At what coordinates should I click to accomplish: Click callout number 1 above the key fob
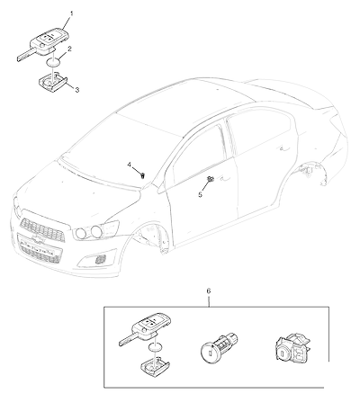pos(72,13)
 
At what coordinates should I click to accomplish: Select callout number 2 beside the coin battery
pos(69,49)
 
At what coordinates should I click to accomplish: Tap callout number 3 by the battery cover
pos(77,90)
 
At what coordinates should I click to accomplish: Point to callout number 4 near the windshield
pos(130,165)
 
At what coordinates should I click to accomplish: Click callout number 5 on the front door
pos(200,194)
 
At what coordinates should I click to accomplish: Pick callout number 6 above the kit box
pos(209,290)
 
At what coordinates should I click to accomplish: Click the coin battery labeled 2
pos(53,63)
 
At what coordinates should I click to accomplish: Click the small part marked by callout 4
pos(143,175)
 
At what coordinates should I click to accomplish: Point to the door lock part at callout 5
pos(210,179)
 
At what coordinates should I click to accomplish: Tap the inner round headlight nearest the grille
pos(81,233)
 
